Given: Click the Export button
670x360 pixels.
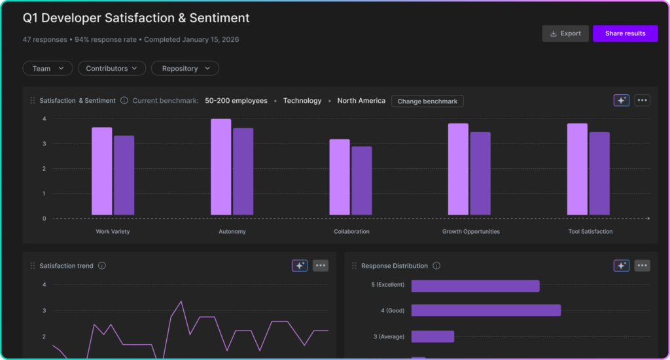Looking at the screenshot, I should pyautogui.click(x=565, y=33).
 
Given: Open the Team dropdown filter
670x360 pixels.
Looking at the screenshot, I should pyautogui.click(x=48, y=68).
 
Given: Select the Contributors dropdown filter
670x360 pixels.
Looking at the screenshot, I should pyautogui.click(x=111, y=68).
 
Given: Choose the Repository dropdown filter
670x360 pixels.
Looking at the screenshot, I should pyautogui.click(x=185, y=68).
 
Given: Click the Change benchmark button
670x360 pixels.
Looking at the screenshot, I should pyautogui.click(x=427, y=101).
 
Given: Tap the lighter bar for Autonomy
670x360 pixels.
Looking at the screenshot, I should pyautogui.click(x=220, y=167).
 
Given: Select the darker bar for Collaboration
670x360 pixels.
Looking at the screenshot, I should pyautogui.click(x=361, y=181).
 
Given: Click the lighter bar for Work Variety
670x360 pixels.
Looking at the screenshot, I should pyautogui.click(x=101, y=171).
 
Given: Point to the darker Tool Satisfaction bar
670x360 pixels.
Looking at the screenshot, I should pyautogui.click(x=599, y=173).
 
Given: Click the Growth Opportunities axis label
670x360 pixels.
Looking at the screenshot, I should pyautogui.click(x=470, y=232).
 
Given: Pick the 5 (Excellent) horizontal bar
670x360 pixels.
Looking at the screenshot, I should pyautogui.click(x=475, y=286).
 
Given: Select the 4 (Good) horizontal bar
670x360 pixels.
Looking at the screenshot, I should pyautogui.click(x=485, y=310).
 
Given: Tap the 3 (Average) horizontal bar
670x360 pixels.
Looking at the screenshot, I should pyautogui.click(x=432, y=336).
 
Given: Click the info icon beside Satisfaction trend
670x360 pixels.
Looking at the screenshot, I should pyautogui.click(x=102, y=266).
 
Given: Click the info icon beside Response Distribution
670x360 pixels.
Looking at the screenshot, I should pyautogui.click(x=436, y=266).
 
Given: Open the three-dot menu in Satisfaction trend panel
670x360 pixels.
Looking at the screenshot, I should pyautogui.click(x=321, y=266).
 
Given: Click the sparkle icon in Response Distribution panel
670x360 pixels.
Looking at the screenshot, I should pyautogui.click(x=621, y=266).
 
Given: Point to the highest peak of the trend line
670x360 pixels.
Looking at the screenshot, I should pyautogui.click(x=181, y=302).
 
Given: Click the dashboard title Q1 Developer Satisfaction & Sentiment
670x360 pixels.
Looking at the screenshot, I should pyautogui.click(x=136, y=18).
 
